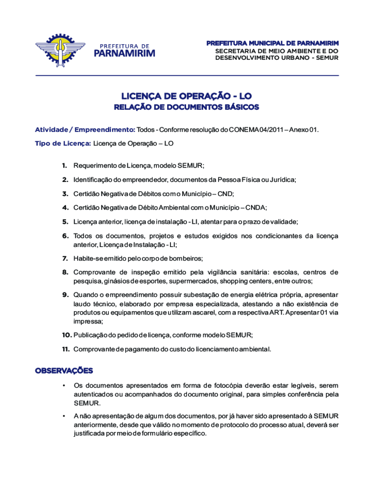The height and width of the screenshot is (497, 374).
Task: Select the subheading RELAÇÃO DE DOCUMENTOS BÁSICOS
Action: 187,107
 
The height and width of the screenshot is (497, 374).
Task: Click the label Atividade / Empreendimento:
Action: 85,130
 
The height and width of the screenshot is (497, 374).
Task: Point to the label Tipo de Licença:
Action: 63,144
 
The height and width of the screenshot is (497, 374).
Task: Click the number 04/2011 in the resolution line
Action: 268,130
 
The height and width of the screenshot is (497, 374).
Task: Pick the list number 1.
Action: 64,166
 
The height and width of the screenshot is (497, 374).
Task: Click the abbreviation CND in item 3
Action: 225,194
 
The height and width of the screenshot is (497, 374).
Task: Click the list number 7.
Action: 64,258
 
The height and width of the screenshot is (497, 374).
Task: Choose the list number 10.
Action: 66,335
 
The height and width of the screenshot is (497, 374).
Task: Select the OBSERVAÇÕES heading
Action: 64,371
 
